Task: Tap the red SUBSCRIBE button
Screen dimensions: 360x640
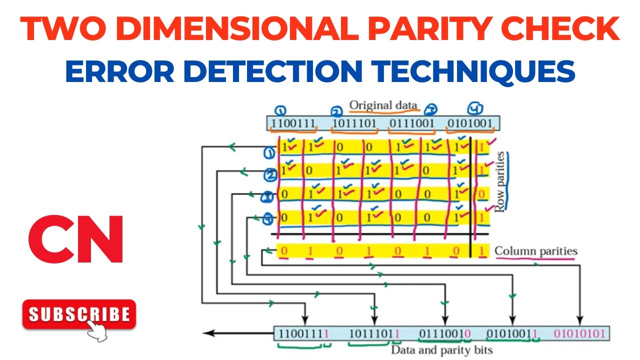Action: pos(79,314)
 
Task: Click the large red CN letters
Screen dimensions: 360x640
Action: pos(75,239)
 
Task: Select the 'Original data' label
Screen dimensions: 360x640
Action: pos(383,105)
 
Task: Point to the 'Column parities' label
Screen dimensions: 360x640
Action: pos(536,251)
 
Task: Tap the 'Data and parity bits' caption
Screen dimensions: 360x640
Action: pos(441,350)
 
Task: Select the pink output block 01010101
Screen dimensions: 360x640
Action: pos(579,333)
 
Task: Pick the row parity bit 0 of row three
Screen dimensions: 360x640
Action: pos(481,193)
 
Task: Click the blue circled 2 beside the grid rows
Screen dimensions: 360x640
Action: pos(270,175)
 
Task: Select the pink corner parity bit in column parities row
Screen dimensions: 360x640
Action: pos(481,251)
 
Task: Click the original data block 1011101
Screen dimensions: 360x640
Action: pos(353,123)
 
